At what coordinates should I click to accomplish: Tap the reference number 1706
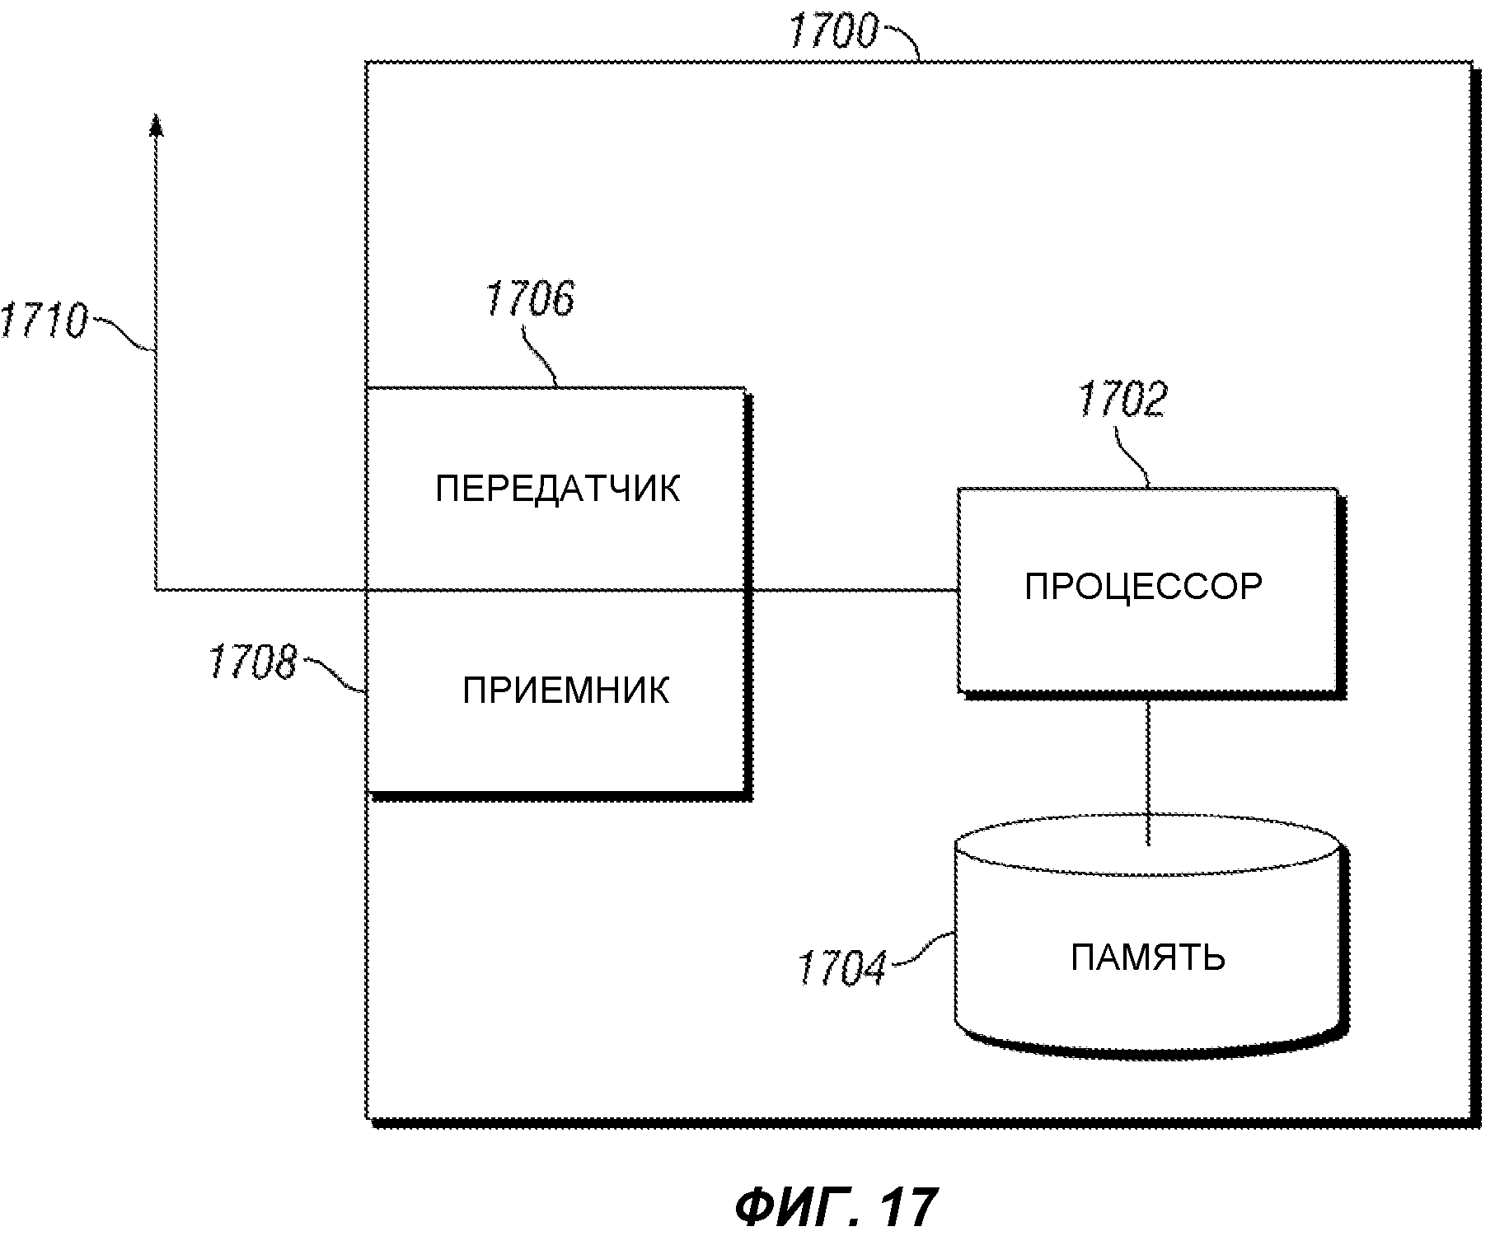[x=529, y=298]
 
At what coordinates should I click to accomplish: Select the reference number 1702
[x=1122, y=400]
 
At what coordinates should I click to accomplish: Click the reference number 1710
[x=43, y=321]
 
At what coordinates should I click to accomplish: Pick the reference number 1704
[x=841, y=967]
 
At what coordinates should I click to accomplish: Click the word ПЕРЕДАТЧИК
[x=558, y=489]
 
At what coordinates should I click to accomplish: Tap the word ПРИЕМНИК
[x=565, y=691]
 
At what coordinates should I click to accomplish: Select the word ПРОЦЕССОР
[x=1144, y=587]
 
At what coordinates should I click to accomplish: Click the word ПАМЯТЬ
[x=1148, y=957]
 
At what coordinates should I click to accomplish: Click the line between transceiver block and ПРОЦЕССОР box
[x=853, y=590]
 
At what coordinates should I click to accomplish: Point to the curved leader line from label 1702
[x=1134, y=453]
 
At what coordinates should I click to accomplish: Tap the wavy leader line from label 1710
[x=120, y=334]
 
